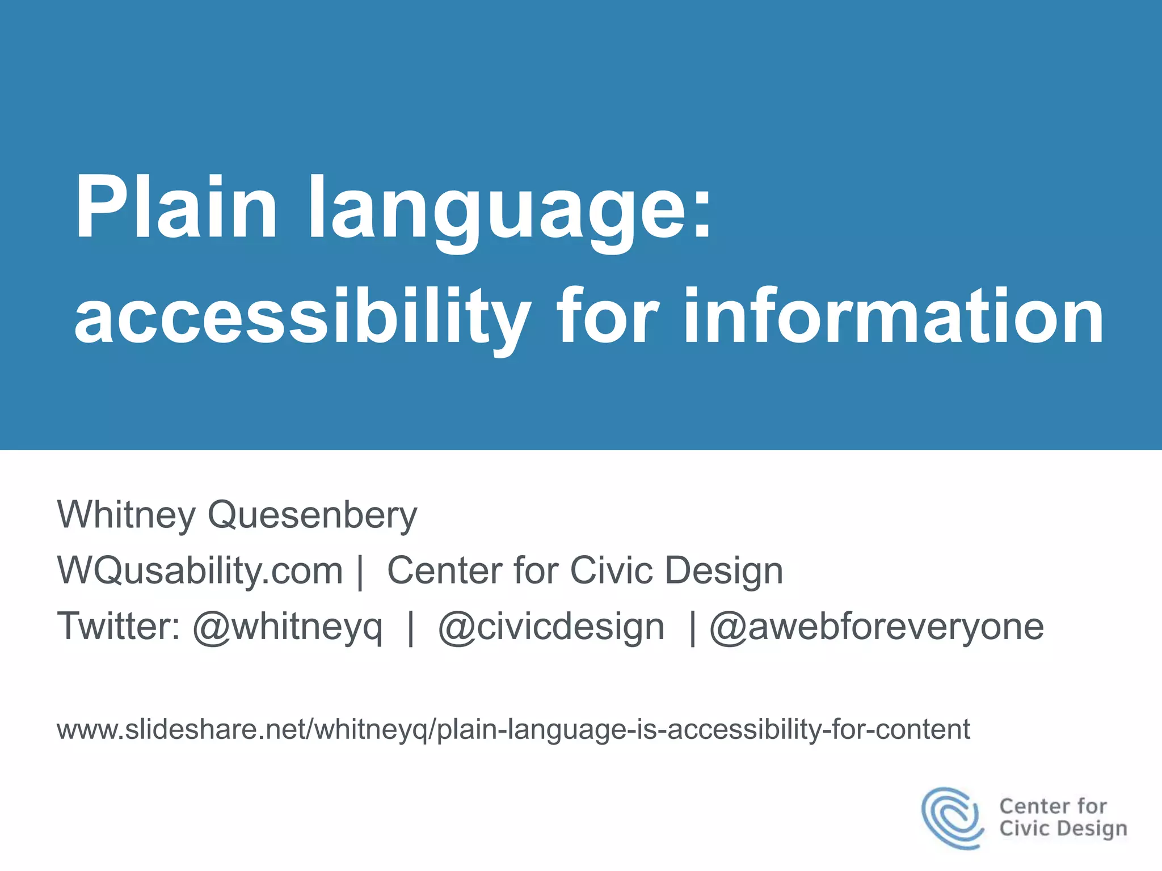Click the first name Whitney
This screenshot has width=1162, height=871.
[x=126, y=515]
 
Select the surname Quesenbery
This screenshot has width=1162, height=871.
[x=312, y=515]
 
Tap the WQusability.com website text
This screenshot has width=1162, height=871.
[x=200, y=570]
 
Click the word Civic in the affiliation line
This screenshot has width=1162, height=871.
[x=611, y=570]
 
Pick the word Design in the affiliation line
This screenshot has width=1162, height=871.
[x=724, y=570]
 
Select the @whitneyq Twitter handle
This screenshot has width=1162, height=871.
[x=288, y=627]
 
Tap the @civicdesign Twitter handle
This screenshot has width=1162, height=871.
[x=551, y=627]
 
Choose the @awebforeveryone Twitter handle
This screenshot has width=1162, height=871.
[x=877, y=627]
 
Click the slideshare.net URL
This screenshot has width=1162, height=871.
[x=513, y=729]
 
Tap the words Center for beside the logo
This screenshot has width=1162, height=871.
[x=1053, y=806]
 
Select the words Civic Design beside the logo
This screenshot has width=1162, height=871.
[x=1063, y=828]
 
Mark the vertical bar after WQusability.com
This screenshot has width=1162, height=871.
[x=360, y=572]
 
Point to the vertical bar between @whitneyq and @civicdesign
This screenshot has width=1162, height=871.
[x=411, y=627]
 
